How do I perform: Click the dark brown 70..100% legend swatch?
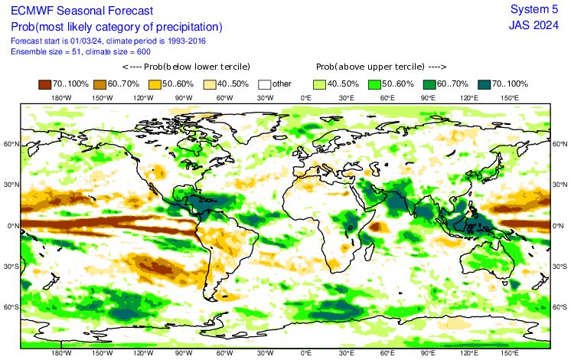[46, 84]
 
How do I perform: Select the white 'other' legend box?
[266, 84]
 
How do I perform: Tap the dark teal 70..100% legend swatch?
[485, 84]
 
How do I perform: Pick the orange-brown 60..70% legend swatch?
[101, 84]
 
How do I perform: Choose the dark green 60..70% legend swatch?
[430, 84]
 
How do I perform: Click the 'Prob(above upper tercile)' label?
[371, 67]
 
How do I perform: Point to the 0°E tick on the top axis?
[305, 99]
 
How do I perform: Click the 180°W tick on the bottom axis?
[61, 355]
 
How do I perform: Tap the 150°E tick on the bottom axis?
[510, 355]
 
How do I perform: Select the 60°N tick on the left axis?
[11, 144]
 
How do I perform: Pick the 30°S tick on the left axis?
[11, 267]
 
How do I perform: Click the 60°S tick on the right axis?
[559, 307]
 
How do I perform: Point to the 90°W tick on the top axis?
[184, 99]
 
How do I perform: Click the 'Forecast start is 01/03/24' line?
[108, 41]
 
